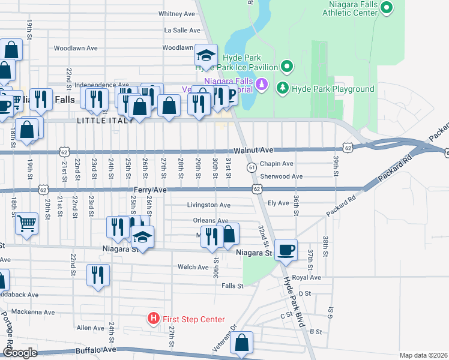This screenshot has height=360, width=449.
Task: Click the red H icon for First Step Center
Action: (x=154, y=319)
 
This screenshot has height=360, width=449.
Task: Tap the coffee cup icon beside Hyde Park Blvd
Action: (x=286, y=250)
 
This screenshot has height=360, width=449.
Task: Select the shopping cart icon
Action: (x=26, y=224)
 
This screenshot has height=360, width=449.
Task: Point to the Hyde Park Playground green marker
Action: (x=283, y=89)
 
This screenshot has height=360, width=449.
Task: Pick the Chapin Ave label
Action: (x=276, y=164)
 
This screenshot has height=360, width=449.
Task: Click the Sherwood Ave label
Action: (x=281, y=176)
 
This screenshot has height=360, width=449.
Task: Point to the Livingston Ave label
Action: (x=208, y=205)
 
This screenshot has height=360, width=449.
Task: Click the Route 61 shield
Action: (x=252, y=167)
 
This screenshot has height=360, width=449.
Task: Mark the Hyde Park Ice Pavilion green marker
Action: (x=287, y=66)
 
